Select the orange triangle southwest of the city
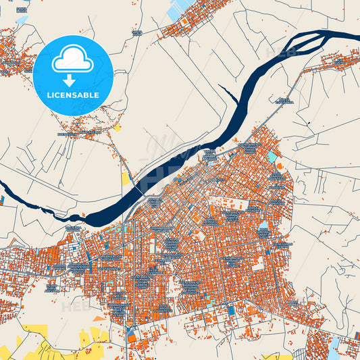pyautogui.click(x=99, y=317)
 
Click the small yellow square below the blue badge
pyautogui.click(x=118, y=127)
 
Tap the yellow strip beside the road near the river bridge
pyautogui.click(x=126, y=178)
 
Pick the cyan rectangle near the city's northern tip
pyautogui.click(x=272, y=157)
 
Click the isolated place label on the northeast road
pyautogui.click(x=284, y=101)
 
